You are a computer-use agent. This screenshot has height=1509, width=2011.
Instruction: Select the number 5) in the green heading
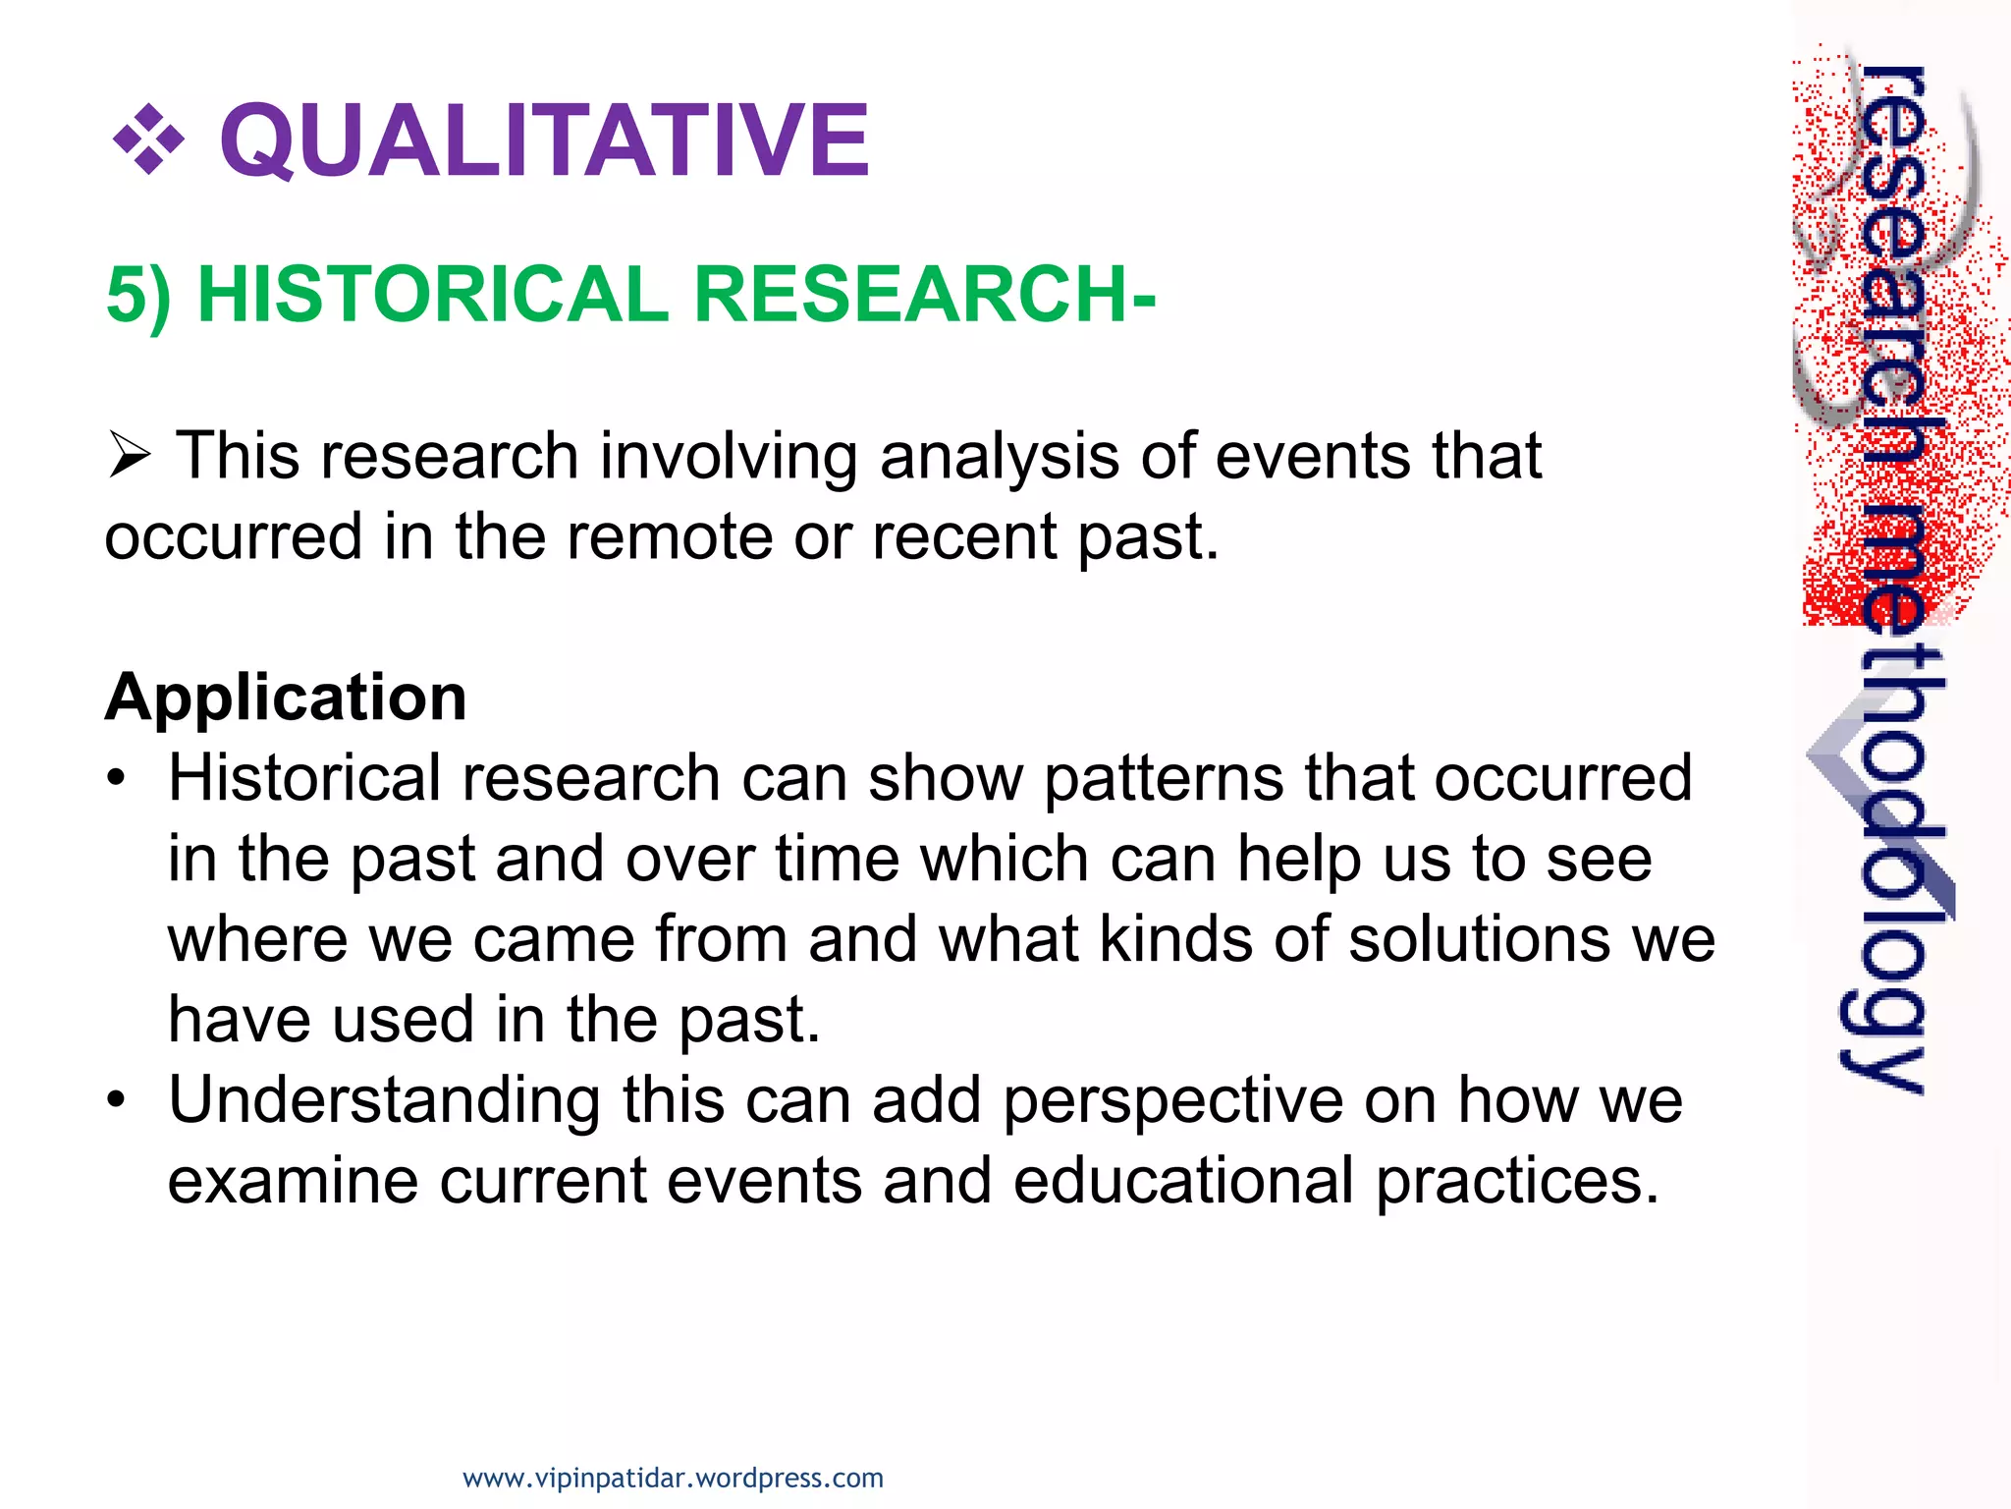138,295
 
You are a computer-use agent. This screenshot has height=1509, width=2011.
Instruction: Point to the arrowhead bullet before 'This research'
129,456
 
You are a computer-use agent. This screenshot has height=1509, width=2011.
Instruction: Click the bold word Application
286,698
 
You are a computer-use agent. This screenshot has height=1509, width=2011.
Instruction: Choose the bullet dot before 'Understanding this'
117,1100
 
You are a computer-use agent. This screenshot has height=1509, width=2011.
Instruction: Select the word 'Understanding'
384,1100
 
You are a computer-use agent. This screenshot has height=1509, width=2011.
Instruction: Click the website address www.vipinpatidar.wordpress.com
673,1478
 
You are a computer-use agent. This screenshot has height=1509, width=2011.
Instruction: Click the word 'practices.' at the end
1517,1181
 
